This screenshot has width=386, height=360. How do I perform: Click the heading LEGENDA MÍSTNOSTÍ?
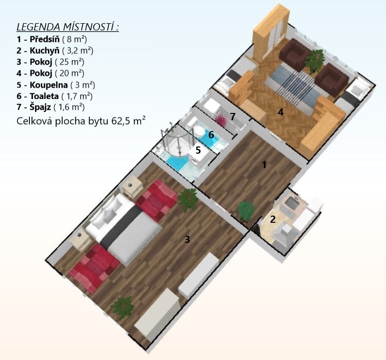pyautogui.click(x=68, y=27)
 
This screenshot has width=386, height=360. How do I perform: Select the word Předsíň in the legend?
pyautogui.click(x=44, y=39)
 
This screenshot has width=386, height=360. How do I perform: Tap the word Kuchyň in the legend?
pyautogui.click(x=44, y=51)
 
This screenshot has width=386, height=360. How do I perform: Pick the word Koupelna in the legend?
pyautogui.click(x=49, y=85)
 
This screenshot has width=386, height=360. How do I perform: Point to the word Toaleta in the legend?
pyautogui.click(x=44, y=96)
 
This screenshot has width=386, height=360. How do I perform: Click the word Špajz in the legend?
pyautogui.click(x=40, y=107)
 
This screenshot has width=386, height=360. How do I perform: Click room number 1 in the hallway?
pyautogui.click(x=264, y=165)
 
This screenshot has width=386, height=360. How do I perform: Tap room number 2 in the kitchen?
pyautogui.click(x=273, y=219)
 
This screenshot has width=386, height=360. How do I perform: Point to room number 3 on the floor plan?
pyautogui.click(x=188, y=239)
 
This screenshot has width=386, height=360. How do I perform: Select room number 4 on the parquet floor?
pyautogui.click(x=280, y=112)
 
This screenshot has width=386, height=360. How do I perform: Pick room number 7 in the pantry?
pyautogui.click(x=232, y=117)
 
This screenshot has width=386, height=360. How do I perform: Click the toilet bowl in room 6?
pyautogui.click(x=199, y=130)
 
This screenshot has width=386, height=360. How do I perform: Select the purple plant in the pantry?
pyautogui.click(x=221, y=120)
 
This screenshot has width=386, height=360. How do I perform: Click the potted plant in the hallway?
pyautogui.click(x=246, y=211)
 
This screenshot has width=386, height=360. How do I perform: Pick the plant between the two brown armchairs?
pyautogui.click(x=314, y=60)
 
